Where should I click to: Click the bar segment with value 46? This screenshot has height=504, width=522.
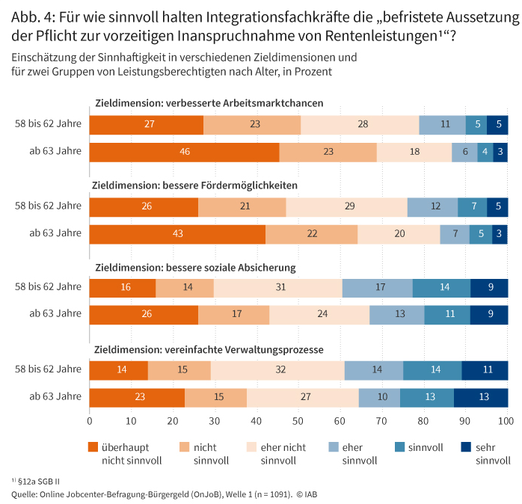[x=184, y=152]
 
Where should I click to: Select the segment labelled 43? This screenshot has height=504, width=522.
[x=177, y=234]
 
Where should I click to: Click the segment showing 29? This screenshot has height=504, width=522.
[x=346, y=206]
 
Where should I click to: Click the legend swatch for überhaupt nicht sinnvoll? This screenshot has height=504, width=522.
[x=93, y=447]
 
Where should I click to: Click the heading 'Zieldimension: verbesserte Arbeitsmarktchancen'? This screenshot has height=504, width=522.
[x=209, y=103]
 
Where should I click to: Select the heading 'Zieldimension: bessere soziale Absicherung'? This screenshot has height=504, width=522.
[x=194, y=268]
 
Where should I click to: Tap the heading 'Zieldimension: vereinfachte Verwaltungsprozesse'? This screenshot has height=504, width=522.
[x=208, y=349]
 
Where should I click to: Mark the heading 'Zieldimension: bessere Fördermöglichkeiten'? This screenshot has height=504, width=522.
[x=194, y=185]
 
